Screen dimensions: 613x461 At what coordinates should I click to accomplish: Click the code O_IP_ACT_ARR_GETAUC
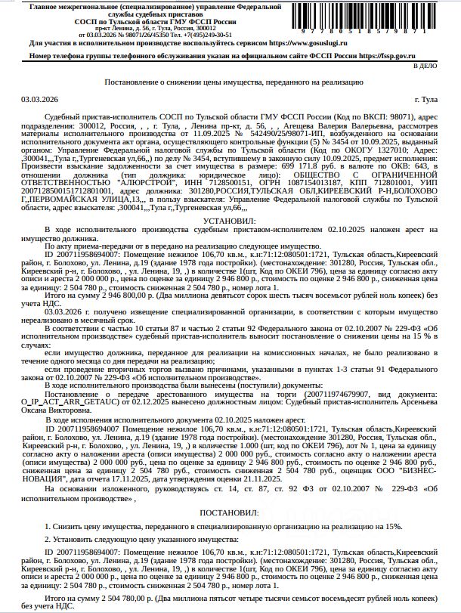click(79, 401)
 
